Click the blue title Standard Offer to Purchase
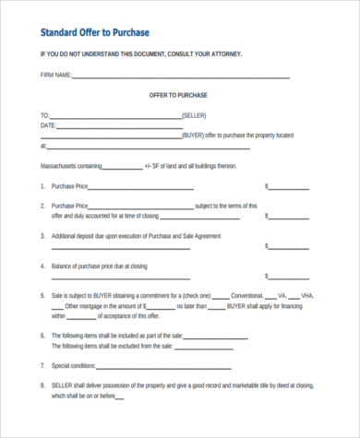pos(97,33)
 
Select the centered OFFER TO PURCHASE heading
pos(180,94)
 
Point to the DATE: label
pos(48,124)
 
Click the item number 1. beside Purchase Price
pos(42,185)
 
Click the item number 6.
pos(42,336)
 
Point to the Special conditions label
pos(76,365)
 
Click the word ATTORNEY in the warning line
pos(224,53)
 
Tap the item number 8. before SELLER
pos(42,385)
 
